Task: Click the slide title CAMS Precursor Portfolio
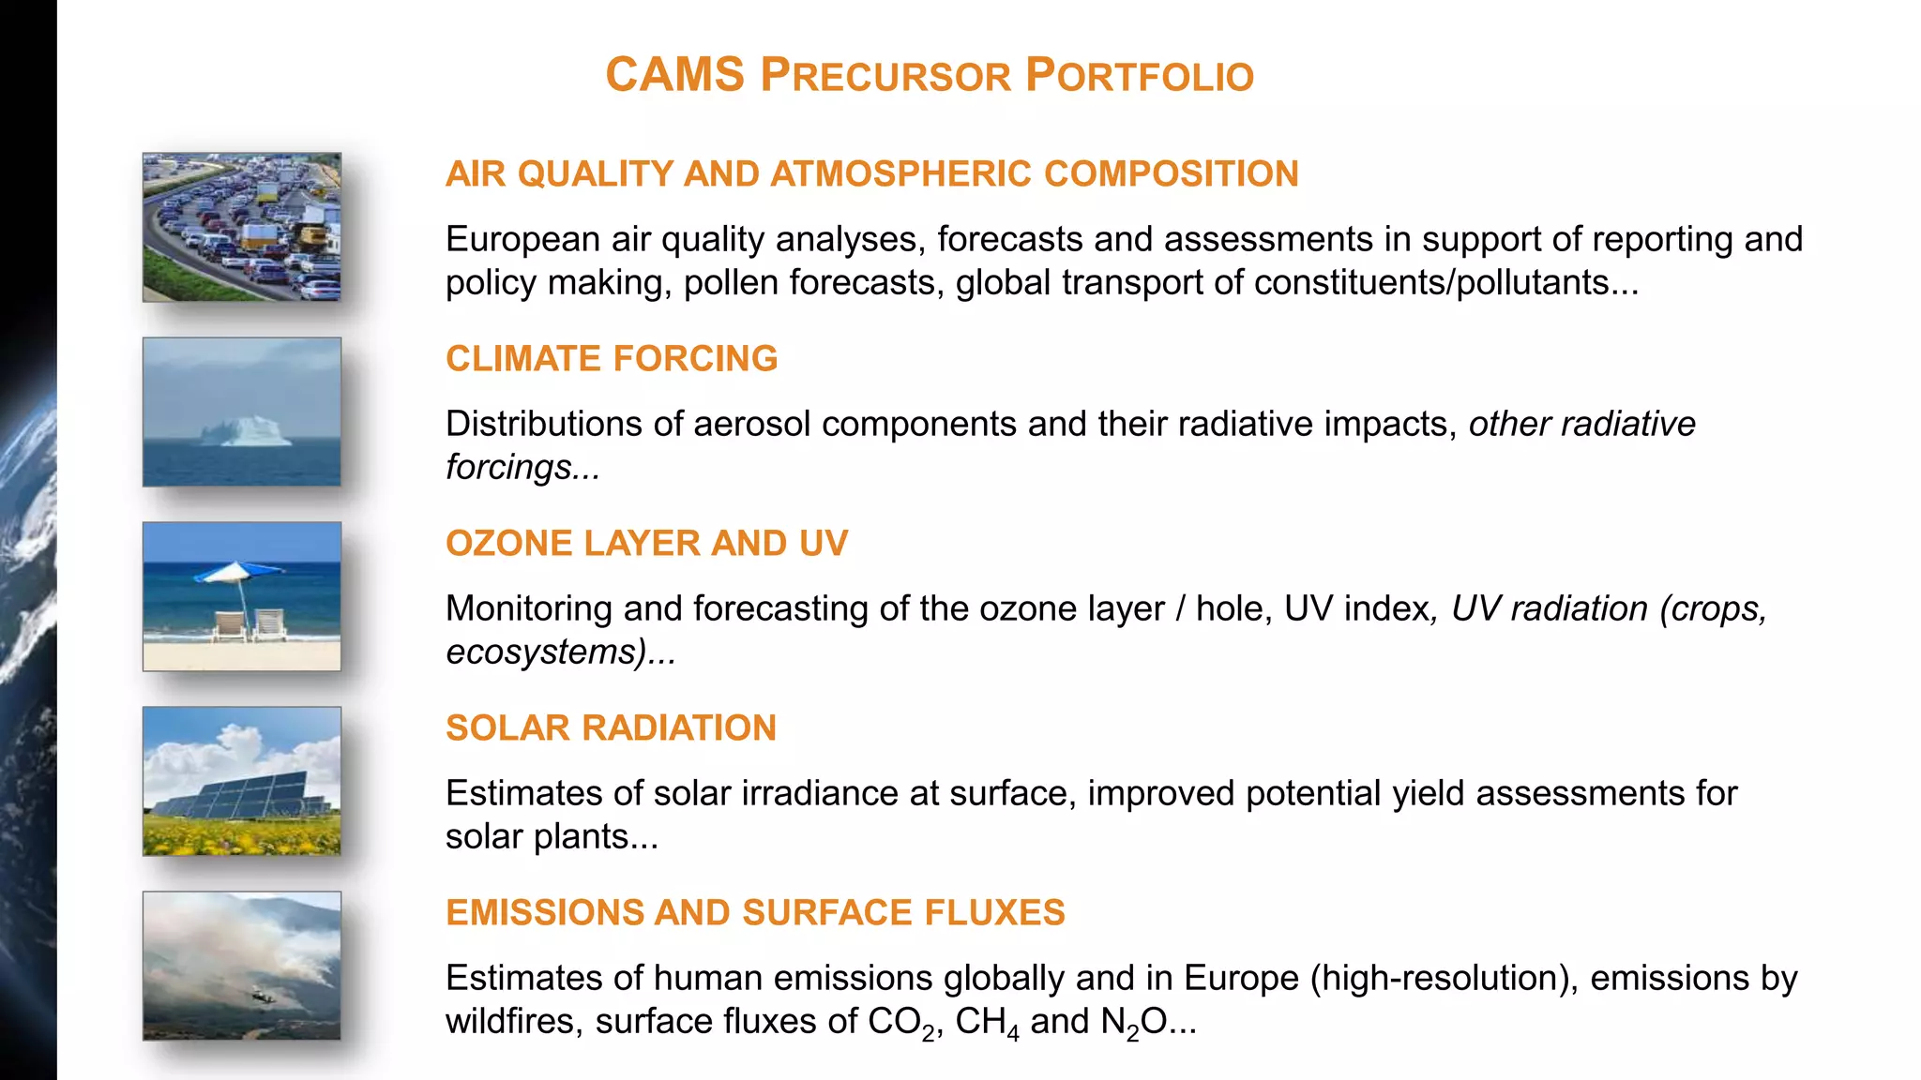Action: [929, 76]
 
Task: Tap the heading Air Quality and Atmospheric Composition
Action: [871, 174]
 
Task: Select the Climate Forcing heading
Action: [612, 359]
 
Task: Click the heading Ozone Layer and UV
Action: [646, 544]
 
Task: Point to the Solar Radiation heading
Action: [611, 728]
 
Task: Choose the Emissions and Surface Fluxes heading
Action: [755, 913]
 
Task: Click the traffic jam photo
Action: [242, 227]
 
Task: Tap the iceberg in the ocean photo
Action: [245, 431]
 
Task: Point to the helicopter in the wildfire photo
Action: [260, 997]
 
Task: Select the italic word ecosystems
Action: [545, 652]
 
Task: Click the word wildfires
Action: [513, 1021]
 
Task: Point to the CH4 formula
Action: [987, 1022]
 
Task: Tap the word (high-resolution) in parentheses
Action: [1445, 978]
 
